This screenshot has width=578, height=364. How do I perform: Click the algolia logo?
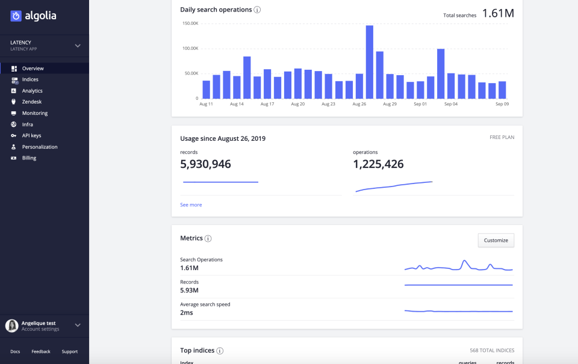point(33,16)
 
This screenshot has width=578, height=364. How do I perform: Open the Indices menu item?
point(30,79)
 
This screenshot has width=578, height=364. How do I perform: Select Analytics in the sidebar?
point(32,91)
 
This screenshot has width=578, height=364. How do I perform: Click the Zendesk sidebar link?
point(31,102)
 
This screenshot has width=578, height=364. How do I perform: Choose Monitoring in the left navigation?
point(34,113)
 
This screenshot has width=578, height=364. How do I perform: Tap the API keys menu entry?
point(31,135)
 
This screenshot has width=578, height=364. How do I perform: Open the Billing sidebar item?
point(29,158)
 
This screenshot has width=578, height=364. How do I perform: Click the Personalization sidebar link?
point(40,147)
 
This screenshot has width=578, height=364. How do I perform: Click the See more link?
point(191,205)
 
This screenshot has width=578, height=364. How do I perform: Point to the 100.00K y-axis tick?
point(190,48)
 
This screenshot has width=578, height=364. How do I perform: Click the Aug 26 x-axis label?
point(359,104)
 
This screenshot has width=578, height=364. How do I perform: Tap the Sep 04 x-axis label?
point(451,104)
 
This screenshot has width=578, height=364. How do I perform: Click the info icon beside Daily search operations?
point(257,10)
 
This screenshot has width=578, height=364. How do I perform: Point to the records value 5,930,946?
point(205,164)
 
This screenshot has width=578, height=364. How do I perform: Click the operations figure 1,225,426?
point(378,164)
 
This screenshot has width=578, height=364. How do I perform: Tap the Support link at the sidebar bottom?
point(69,351)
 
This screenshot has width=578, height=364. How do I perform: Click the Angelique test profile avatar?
point(11,325)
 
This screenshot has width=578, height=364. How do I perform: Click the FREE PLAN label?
point(502,137)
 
